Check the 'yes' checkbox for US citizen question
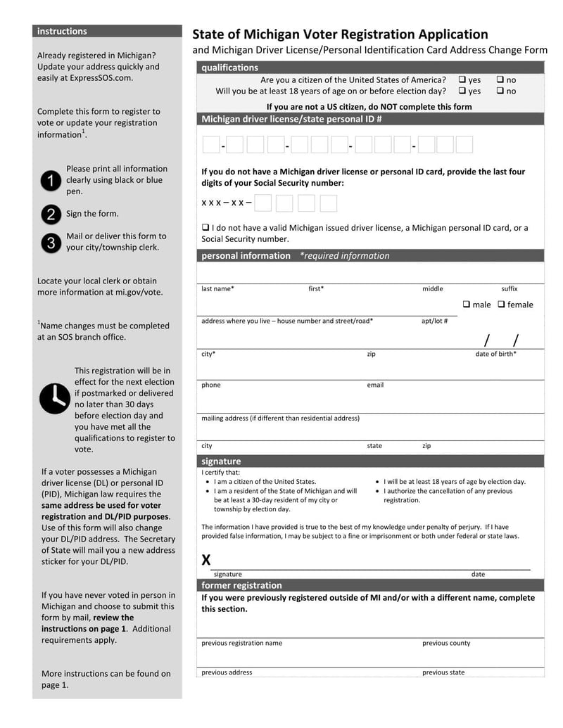(x=462, y=80)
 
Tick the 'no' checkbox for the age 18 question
(x=500, y=91)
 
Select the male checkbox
(x=467, y=305)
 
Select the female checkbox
(x=502, y=305)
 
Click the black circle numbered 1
(x=51, y=181)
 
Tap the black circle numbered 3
(x=51, y=243)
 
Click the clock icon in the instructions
(x=54, y=398)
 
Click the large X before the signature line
(x=206, y=560)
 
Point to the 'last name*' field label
(x=217, y=289)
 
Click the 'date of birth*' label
(x=495, y=355)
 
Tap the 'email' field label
(x=375, y=385)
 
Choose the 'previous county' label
(x=446, y=644)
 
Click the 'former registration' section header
(x=241, y=585)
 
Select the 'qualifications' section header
(x=229, y=68)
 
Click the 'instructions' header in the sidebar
(x=62, y=32)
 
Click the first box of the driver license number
(x=210, y=145)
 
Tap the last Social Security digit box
(x=328, y=203)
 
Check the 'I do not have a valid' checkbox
(x=205, y=228)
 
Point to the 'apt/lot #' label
(x=434, y=321)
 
